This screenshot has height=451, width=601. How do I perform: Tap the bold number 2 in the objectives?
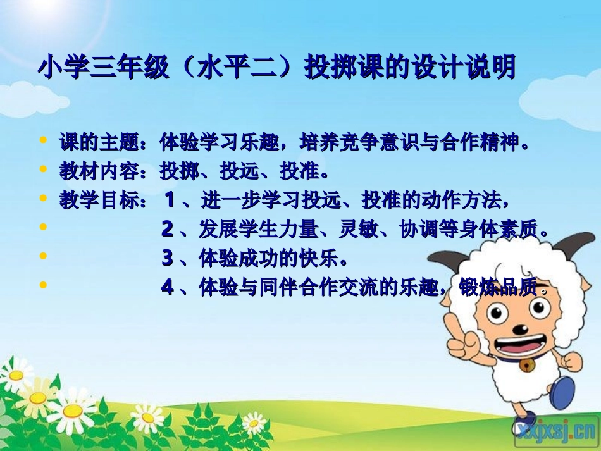click(x=167, y=230)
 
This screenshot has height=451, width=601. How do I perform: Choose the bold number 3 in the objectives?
click(x=167, y=258)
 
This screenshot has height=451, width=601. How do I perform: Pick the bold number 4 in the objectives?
click(x=167, y=287)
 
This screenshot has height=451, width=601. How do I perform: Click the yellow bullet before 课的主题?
click(x=43, y=140)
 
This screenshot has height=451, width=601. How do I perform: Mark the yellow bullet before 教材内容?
click(x=43, y=169)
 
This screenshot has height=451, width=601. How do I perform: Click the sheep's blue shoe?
click(x=562, y=392)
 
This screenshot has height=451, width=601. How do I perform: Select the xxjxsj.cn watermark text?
click(x=555, y=431)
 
